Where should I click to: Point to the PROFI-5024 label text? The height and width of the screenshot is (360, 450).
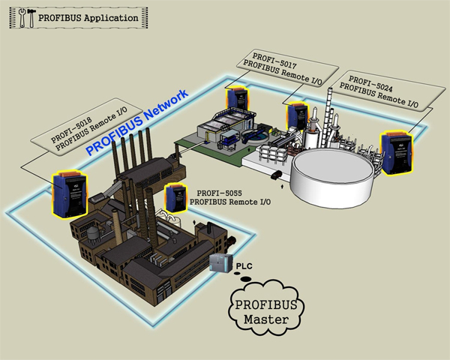[x=364, y=79]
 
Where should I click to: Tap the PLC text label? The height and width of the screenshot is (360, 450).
[x=245, y=266]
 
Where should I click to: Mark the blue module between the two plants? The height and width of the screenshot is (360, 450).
[x=297, y=116]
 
